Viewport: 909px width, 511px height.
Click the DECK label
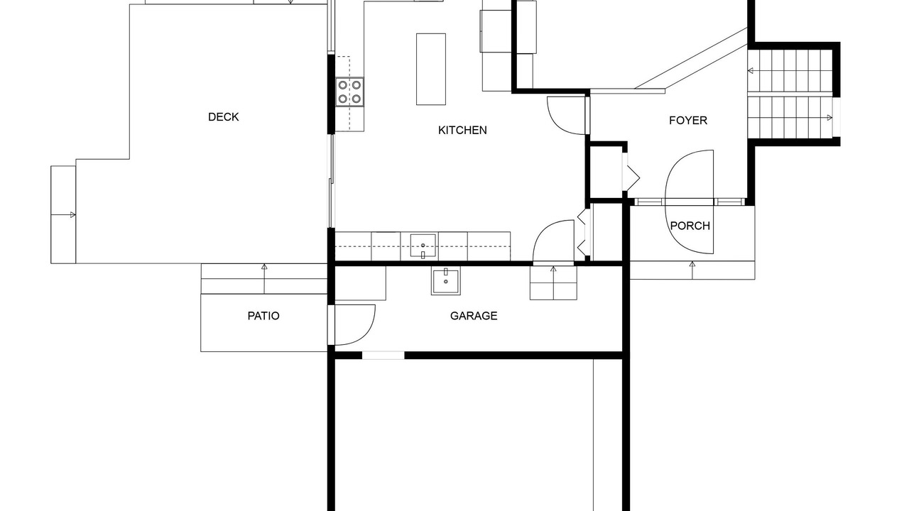point(223,117)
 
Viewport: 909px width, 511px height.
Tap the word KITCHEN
point(462,130)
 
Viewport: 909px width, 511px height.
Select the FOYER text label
point(688,121)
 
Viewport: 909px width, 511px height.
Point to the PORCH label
point(690,226)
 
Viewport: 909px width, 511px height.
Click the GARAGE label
point(474,316)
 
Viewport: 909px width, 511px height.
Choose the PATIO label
point(263,316)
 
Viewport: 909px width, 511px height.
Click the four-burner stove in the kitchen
point(349,92)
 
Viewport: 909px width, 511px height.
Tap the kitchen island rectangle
point(431,70)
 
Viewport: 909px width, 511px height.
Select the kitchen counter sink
point(423,246)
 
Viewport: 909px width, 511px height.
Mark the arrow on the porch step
point(692,270)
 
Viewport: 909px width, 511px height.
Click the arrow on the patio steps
point(264,279)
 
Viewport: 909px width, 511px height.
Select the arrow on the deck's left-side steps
point(63,215)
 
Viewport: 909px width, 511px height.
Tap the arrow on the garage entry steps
point(553,282)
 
